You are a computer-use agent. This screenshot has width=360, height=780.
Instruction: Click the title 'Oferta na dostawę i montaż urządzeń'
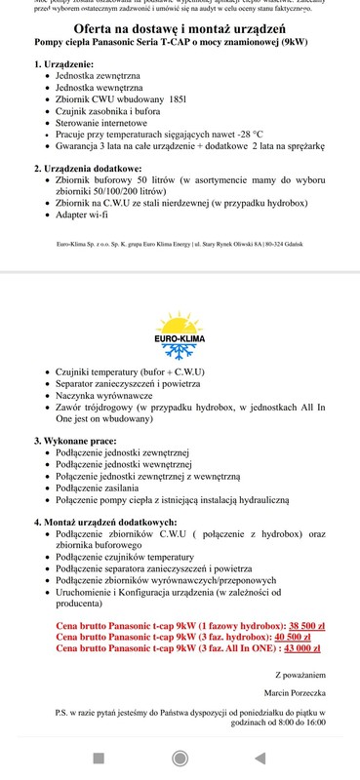tap(180, 31)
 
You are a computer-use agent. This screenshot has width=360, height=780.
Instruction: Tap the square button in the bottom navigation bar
tap(98, 757)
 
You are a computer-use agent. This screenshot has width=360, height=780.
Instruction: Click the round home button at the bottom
tap(180, 757)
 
